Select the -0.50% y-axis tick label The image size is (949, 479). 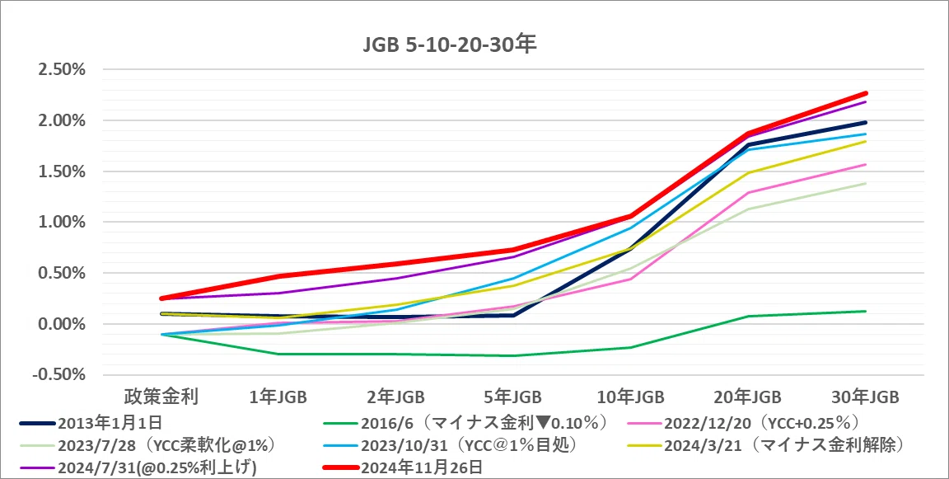[x=60, y=374]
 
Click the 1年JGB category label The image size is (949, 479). [x=278, y=397]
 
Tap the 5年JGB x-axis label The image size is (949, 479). [x=513, y=397]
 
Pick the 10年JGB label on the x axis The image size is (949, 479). [x=631, y=397]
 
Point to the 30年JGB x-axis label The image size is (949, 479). [x=866, y=397]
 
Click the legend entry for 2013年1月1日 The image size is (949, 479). [x=91, y=423]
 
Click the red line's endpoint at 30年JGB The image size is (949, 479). [x=866, y=93]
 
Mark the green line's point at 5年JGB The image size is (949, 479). [x=513, y=355]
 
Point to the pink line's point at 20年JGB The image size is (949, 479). [x=748, y=193]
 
